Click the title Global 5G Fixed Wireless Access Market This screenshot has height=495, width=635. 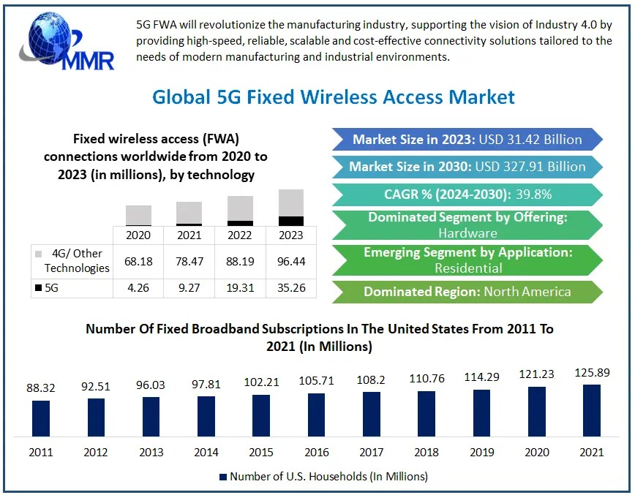click(x=333, y=97)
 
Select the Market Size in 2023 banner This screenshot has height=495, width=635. click(x=467, y=140)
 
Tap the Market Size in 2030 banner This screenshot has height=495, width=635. click(x=467, y=167)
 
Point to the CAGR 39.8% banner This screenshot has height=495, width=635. click(x=467, y=194)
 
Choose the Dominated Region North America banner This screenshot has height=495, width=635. click(x=467, y=292)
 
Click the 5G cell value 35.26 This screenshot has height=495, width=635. click(x=290, y=287)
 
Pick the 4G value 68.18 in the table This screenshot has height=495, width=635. click(x=138, y=260)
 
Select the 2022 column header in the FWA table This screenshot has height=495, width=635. click(x=240, y=235)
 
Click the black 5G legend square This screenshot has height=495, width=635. click(x=38, y=288)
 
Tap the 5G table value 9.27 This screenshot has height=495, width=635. click(x=189, y=287)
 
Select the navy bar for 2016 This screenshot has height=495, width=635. click(x=317, y=415)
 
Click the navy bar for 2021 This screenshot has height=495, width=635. click(x=592, y=410)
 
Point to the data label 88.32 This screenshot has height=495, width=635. click(x=41, y=388)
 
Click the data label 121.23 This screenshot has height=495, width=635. click(x=536, y=374)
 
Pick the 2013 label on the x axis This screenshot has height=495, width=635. click(x=151, y=452)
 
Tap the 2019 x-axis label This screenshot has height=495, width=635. click(x=481, y=452)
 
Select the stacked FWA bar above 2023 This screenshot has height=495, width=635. click(x=290, y=208)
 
